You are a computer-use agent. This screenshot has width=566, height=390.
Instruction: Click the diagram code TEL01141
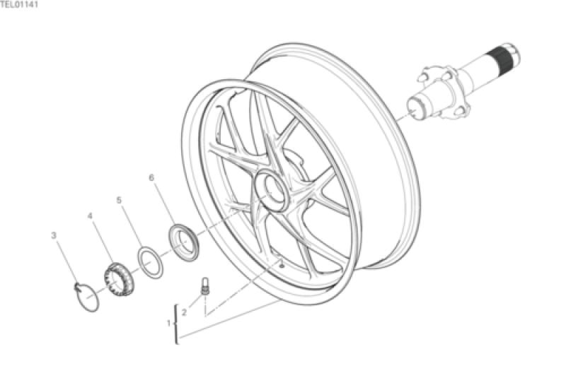point(19,5)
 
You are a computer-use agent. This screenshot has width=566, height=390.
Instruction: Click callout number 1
point(168,324)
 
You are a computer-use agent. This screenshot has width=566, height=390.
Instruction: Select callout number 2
point(184,312)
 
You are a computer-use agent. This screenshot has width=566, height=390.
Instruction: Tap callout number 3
point(54,235)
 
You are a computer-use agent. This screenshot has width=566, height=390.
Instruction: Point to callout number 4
point(91,216)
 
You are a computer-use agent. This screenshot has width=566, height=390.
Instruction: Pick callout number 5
point(120,199)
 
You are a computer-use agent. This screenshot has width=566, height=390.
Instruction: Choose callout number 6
point(151,178)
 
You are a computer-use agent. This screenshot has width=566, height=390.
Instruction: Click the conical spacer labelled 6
point(184,242)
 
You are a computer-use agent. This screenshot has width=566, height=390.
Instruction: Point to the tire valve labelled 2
point(205,286)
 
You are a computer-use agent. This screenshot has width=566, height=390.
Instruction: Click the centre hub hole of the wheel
point(272,190)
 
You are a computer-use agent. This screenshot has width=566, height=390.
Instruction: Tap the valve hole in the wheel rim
point(281,266)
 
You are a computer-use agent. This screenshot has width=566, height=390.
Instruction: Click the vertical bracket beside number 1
point(176,324)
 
